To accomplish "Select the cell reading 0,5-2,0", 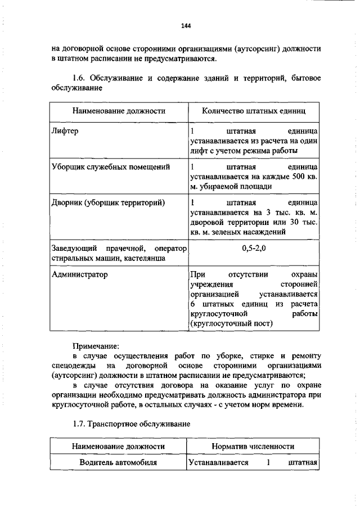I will point(254,248).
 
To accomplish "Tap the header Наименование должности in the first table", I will point(119,111).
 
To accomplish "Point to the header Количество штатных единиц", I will point(254,111).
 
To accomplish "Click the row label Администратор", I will point(79,275).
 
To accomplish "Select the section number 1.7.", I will point(82,422).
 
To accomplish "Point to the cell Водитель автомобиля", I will point(118,463).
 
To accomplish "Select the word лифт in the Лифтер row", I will point(200,151).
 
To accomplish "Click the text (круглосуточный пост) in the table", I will point(231,323).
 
